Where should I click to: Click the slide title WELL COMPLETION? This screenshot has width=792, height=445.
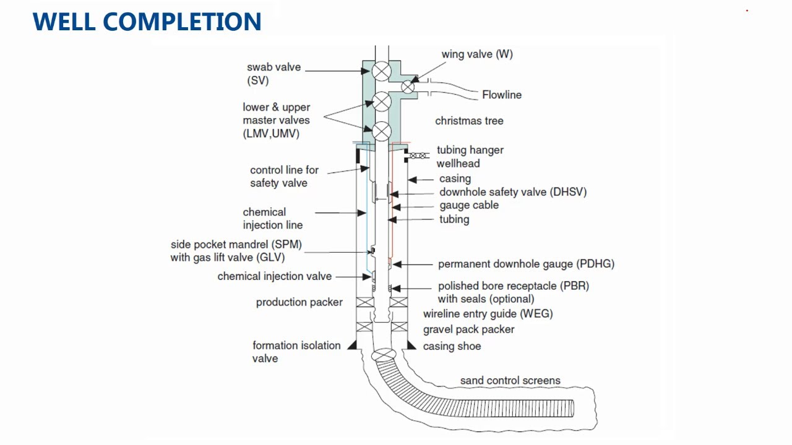pos(147,22)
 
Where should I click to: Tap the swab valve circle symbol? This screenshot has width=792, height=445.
pos(381,72)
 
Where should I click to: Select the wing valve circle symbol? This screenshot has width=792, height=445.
pos(408,87)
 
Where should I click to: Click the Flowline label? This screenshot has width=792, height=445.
pos(501,95)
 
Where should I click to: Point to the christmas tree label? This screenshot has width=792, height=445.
pos(469,121)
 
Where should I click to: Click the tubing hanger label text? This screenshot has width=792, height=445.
pos(470,150)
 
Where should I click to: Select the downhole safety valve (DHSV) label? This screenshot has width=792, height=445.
pos(512,192)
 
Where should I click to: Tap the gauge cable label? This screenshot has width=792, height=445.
pos(468,205)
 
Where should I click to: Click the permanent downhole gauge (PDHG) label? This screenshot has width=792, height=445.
pos(526,264)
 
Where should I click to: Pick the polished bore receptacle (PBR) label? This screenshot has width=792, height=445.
pos(513,286)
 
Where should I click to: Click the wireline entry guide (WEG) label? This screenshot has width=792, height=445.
pos(488,314)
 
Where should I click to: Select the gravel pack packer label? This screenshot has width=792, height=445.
pos(468,329)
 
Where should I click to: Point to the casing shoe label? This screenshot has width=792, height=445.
pos(452,347)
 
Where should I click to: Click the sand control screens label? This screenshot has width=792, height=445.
pos(510,381)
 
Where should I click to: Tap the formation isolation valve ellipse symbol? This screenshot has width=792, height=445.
pos(384,355)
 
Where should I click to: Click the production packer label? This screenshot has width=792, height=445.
pos(299,302)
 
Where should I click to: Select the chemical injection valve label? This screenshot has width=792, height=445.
pos(274,276)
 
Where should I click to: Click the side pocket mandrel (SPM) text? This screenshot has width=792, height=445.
pos(236,245)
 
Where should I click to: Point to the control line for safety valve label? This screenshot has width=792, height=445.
pos(284,176)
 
